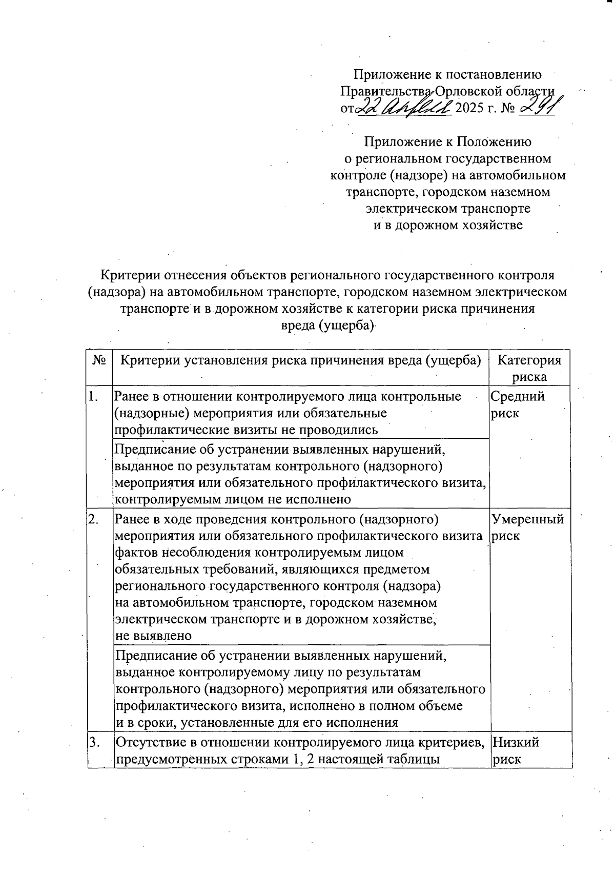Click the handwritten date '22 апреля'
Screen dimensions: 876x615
coord(403,107)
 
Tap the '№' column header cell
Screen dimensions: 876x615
coord(100,360)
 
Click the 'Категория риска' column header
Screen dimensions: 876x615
coord(529,368)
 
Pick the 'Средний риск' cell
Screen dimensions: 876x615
coord(518,404)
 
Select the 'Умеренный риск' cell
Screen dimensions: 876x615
coord(527,527)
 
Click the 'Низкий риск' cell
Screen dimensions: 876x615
coord(515,750)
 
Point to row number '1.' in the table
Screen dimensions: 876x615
coord(93,396)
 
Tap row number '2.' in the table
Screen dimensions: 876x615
coord(94,519)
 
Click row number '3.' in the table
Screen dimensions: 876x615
coord(94,742)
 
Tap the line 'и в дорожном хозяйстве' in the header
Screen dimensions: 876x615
coord(447,225)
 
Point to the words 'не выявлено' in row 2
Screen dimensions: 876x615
coord(154,636)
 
